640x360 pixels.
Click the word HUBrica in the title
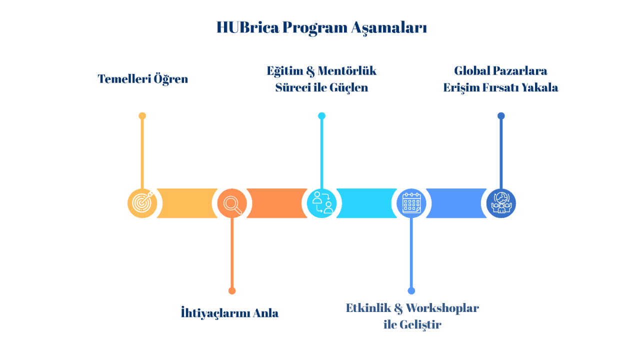247,27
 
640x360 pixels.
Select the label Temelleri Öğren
143,79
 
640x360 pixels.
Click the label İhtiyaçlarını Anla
229,312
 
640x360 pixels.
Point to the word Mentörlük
347,71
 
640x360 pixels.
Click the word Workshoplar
442,308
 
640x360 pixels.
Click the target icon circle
142,203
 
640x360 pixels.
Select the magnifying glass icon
232,203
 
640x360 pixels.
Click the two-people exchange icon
321,203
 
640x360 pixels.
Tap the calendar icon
411,203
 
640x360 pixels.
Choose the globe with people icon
501,203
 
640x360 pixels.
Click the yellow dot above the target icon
142,115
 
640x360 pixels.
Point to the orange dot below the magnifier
232,291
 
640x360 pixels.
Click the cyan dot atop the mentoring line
321,115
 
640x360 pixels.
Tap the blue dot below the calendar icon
411,291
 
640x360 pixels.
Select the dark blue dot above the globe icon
501,115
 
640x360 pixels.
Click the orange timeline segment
277,203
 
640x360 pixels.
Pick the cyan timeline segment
366,203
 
